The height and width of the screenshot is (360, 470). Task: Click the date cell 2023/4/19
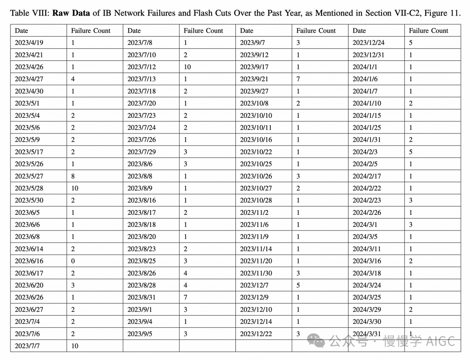(29, 43)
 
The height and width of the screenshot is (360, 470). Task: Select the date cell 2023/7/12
(141, 67)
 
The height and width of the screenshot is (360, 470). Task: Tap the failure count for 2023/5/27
(73, 176)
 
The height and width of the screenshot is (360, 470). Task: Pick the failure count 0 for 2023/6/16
(73, 261)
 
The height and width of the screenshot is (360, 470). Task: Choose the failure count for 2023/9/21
(298, 79)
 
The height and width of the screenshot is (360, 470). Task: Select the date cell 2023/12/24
(368, 43)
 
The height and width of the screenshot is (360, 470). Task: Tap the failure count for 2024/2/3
(411, 152)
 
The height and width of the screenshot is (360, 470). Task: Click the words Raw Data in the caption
(71, 13)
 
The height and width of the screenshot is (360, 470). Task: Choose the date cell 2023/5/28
(29, 188)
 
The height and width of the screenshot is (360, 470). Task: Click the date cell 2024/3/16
(367, 261)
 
